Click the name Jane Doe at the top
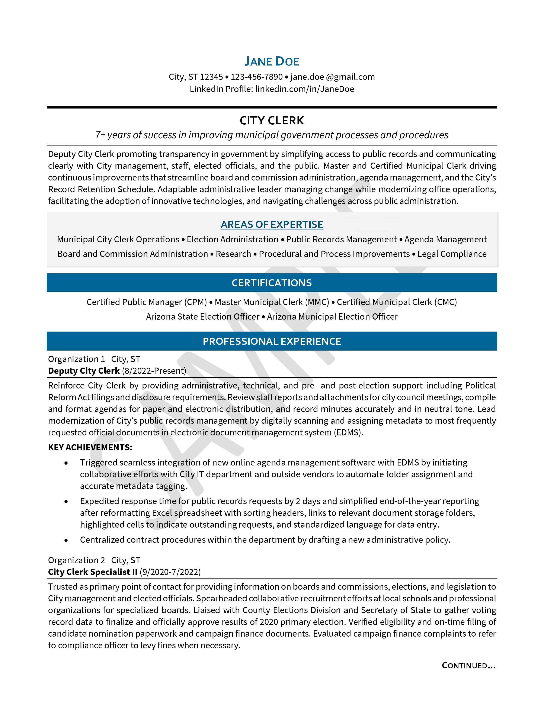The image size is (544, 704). (272, 61)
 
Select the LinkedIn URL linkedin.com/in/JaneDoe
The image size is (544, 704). (305, 89)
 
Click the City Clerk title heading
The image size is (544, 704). (272, 121)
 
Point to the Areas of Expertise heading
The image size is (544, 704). (272, 224)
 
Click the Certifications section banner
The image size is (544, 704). (272, 283)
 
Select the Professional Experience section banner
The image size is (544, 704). (272, 341)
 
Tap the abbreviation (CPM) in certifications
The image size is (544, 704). (195, 302)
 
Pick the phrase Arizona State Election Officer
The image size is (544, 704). (203, 317)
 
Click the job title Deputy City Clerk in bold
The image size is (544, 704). (84, 371)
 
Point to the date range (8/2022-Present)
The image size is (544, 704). (154, 371)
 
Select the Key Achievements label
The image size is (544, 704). (90, 447)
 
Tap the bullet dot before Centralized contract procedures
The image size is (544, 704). (66, 540)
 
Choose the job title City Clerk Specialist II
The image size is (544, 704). (93, 572)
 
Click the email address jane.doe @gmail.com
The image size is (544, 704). (332, 77)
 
